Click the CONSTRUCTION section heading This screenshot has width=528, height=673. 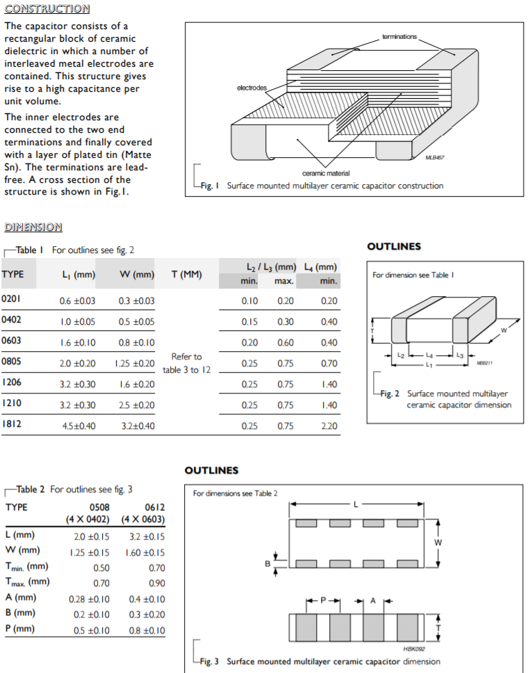(47, 9)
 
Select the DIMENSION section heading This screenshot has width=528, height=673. (33, 227)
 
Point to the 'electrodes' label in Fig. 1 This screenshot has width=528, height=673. (251, 87)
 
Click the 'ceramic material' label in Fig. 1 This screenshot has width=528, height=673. (326, 173)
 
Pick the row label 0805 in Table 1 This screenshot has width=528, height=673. (12, 362)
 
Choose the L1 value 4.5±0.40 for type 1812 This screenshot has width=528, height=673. (77, 426)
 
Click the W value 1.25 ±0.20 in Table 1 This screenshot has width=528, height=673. (134, 364)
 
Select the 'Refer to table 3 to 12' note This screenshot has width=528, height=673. (186, 363)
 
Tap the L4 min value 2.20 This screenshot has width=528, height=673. (329, 426)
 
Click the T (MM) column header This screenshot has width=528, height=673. (186, 274)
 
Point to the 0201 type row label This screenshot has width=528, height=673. (12, 300)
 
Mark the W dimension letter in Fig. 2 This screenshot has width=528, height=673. (504, 330)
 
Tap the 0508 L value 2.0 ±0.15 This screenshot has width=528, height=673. (92, 536)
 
